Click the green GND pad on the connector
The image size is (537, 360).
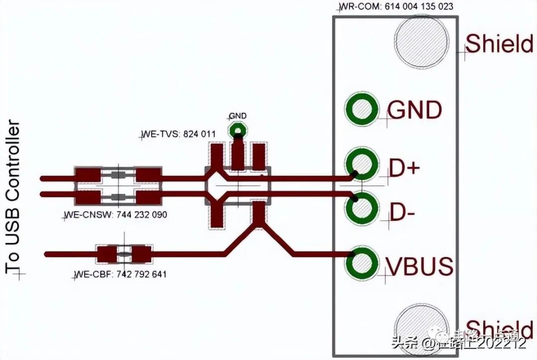click(x=361, y=109)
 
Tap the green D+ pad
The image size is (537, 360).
click(x=361, y=164)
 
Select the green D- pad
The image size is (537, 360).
click(x=361, y=208)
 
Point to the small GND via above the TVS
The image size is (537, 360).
click(x=238, y=131)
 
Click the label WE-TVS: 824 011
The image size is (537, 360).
click(x=179, y=134)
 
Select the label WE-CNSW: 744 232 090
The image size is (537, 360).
click(x=115, y=215)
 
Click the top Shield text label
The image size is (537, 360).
click(x=499, y=44)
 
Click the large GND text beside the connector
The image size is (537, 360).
click(x=414, y=110)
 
